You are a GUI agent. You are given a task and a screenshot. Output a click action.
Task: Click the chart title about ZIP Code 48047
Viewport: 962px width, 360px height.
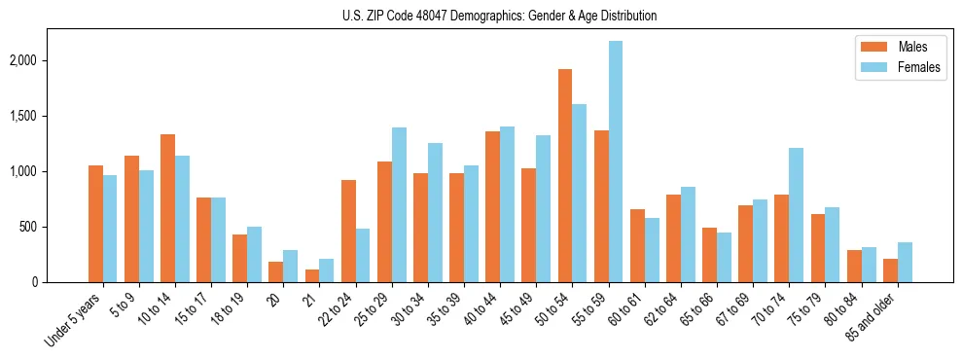tap(499, 16)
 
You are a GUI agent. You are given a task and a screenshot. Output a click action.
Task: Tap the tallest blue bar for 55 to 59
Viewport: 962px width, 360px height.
tap(616, 162)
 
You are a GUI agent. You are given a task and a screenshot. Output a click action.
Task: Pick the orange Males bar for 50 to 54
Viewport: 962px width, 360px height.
tap(565, 176)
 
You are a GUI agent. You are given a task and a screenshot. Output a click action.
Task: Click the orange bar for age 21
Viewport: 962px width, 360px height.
tap(312, 276)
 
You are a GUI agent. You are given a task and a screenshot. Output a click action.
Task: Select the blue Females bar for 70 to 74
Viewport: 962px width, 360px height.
tap(796, 215)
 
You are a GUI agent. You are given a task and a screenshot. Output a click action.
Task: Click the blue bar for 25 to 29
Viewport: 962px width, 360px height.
tap(399, 205)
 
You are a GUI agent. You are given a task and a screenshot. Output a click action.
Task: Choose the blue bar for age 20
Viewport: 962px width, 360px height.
tap(291, 267)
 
